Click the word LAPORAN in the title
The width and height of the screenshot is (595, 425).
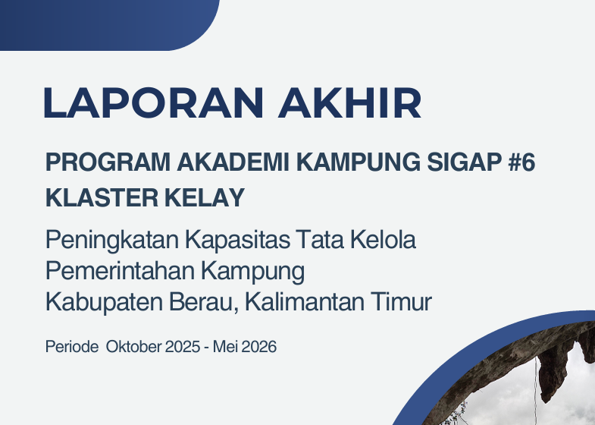pos(153,102)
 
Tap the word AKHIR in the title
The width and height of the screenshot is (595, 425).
pos(349,102)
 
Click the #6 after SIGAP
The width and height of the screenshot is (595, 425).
pos(521,162)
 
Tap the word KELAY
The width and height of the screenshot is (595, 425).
pos(205,197)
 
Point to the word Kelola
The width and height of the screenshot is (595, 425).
pos(383,239)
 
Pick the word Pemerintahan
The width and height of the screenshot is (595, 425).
pos(120,270)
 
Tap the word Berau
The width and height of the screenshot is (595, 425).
pos(204,302)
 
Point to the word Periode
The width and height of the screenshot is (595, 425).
pos(72,347)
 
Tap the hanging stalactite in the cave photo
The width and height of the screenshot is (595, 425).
pos(553,370)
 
